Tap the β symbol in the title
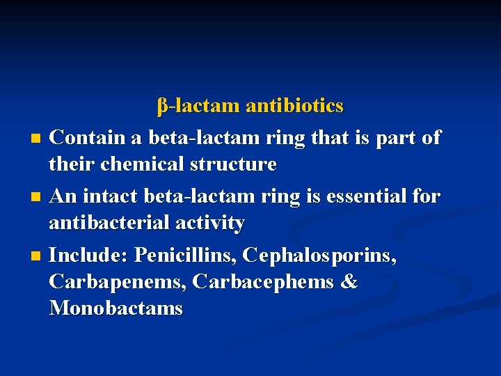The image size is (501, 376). [162, 107]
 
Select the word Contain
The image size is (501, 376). [88, 137]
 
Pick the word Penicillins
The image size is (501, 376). [186, 255]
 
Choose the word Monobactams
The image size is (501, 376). [116, 308]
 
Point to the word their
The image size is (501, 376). [72, 164]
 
